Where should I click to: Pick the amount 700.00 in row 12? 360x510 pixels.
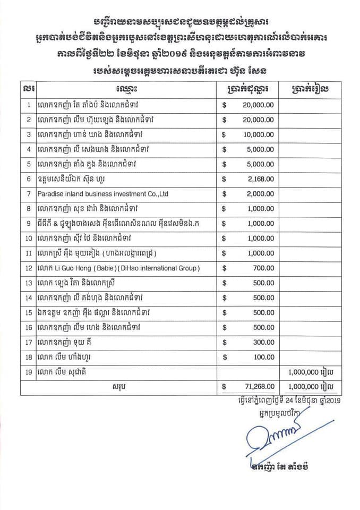point(264,269)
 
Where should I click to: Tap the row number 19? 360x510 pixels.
point(29,372)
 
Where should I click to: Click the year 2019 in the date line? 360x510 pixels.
point(332,400)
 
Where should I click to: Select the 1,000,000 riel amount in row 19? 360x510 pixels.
point(311,372)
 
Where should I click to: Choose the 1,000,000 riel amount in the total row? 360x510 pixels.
point(311,387)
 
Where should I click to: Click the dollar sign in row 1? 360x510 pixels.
point(225,105)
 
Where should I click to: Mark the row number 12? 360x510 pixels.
point(29,269)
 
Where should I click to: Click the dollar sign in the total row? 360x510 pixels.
point(225,387)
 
